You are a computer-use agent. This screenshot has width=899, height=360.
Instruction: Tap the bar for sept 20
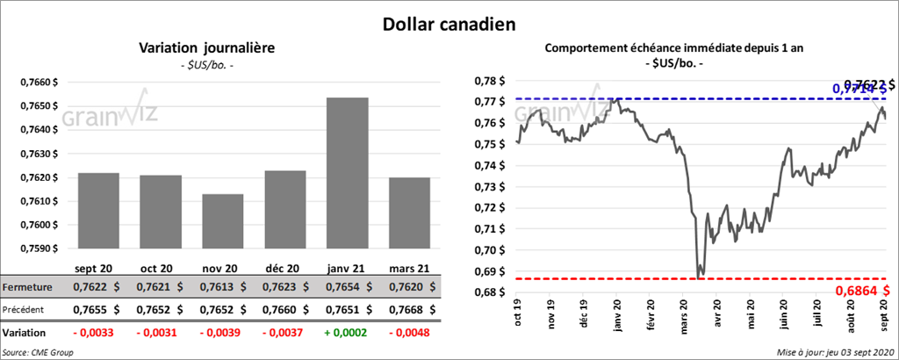98,211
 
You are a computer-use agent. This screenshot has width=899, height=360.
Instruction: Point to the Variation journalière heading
207,48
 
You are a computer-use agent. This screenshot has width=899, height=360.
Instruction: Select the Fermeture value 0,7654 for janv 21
347,287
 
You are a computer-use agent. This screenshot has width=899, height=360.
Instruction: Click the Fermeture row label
27,287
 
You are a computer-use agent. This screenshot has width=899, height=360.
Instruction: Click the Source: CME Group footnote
38,351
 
